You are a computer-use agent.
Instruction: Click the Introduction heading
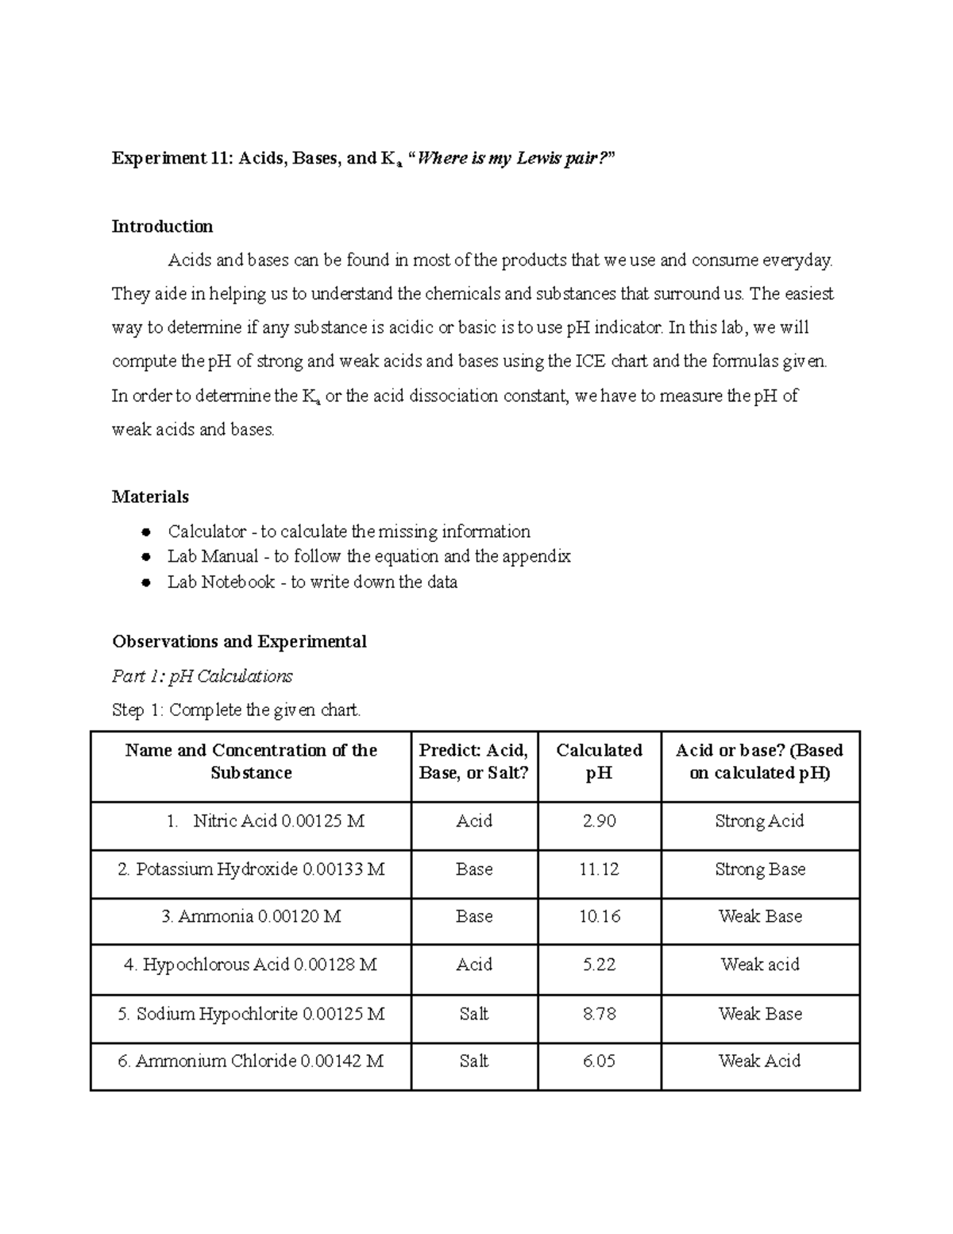tap(162, 226)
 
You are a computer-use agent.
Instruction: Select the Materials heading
tap(150, 497)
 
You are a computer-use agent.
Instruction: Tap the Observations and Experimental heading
tap(239, 641)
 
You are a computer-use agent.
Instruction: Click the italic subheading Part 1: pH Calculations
tap(202, 676)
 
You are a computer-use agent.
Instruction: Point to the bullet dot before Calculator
tap(145, 532)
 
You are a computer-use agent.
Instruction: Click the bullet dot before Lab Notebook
tap(145, 582)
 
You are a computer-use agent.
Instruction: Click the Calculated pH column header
tap(599, 761)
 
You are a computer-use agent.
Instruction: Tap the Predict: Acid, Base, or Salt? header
tap(473, 761)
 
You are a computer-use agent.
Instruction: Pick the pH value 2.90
tap(599, 821)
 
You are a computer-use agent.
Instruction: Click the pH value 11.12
tap(599, 869)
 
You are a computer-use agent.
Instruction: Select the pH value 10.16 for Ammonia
tap(599, 916)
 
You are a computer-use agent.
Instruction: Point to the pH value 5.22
tap(599, 965)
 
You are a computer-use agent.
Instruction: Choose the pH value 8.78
tap(599, 1014)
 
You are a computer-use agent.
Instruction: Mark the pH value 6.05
tap(599, 1061)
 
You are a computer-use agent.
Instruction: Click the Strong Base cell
tap(760, 869)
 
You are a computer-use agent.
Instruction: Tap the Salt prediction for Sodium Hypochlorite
tap(473, 1014)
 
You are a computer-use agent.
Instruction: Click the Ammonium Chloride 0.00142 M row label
tap(251, 1061)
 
